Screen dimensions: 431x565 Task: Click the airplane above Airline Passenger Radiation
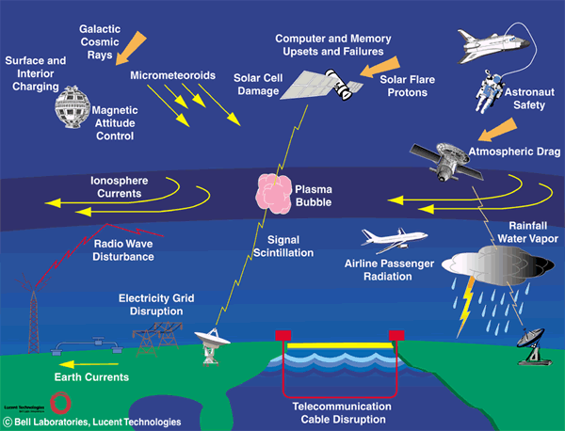tap(392, 238)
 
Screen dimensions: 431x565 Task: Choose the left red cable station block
tap(282, 335)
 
